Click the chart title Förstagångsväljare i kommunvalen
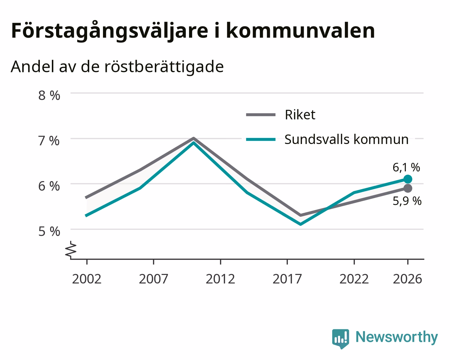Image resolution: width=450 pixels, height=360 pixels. coord(193,31)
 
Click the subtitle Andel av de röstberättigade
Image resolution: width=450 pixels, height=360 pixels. coord(117,67)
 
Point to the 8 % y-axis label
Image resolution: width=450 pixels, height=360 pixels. coord(49,95)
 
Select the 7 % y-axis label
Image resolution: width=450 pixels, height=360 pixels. coord(49,141)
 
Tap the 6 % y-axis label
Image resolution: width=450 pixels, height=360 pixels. coord(49,186)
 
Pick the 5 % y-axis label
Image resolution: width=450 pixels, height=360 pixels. coord(49,232)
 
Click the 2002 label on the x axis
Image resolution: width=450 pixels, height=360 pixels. coord(86,279)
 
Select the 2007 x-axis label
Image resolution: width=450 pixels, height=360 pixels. coord(153,279)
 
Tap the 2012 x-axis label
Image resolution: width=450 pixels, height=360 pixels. coord(220,279)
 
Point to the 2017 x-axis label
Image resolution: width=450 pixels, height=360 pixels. coord(287,279)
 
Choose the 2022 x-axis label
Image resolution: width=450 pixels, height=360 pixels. coord(354,279)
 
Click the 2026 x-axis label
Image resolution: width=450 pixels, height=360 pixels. coord(408,279)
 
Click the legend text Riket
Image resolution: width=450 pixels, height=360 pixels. coord(300,115)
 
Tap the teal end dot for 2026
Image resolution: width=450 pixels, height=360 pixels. coord(408,179)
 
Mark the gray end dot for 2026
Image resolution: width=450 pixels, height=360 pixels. coord(408,188)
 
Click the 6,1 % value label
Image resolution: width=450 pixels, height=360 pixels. coord(406,167)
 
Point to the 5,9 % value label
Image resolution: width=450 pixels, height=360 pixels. coord(407,201)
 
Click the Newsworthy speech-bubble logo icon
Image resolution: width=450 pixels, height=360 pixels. coord(341,338)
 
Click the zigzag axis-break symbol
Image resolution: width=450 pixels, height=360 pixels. coord(71,250)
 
